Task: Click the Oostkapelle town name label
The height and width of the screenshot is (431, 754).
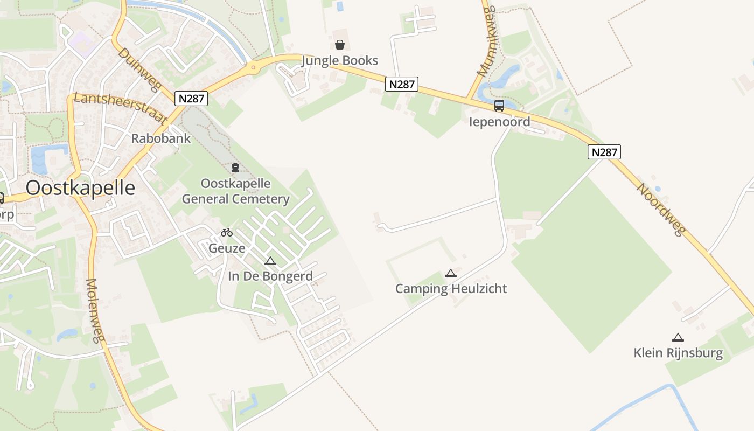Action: click(x=80, y=188)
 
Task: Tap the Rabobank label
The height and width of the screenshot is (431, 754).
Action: click(x=160, y=138)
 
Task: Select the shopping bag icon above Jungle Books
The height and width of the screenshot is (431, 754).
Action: click(x=340, y=44)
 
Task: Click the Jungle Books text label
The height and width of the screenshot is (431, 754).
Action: click(x=339, y=60)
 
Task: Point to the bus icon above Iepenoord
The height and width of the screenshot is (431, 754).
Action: click(x=499, y=106)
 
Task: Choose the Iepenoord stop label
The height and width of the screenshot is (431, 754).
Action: click(x=499, y=122)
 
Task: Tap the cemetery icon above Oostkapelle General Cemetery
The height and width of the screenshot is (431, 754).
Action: click(x=235, y=168)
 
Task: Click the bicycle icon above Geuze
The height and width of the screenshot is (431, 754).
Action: click(x=227, y=232)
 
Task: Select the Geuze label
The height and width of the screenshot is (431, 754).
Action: click(x=227, y=248)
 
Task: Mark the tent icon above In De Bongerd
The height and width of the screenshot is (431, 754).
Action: click(x=270, y=261)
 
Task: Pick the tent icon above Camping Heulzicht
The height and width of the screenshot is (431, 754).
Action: click(x=451, y=273)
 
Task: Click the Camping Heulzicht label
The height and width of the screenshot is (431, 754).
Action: click(x=451, y=289)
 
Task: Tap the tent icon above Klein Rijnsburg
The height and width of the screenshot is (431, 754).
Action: click(x=678, y=338)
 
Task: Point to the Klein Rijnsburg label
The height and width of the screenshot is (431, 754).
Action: click(x=678, y=353)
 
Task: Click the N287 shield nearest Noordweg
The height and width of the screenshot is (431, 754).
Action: click(x=604, y=152)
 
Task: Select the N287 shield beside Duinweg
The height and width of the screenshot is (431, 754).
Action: click(x=191, y=99)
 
